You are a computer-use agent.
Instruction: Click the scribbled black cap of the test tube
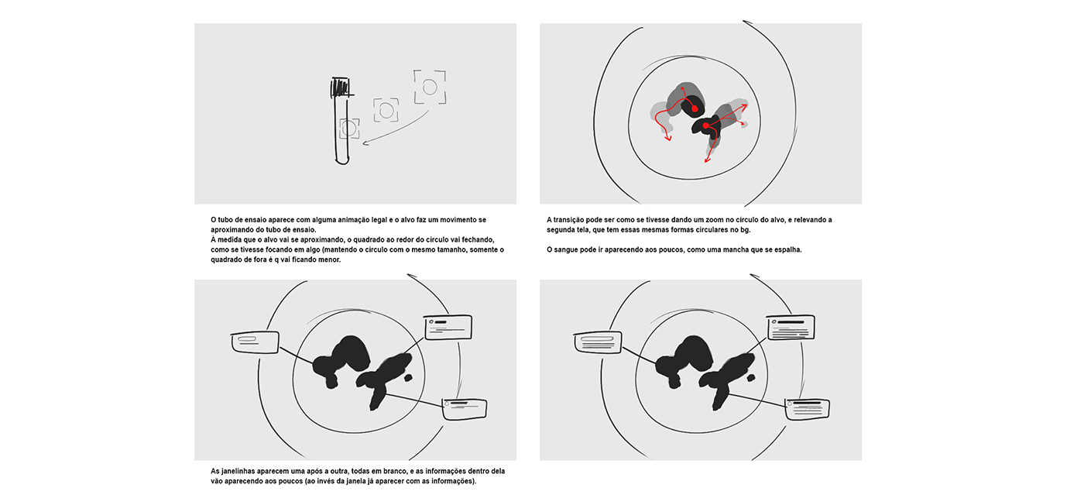pos(340,88)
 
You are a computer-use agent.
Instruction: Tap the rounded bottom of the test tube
pos(342,161)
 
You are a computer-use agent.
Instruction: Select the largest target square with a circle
pos(430,87)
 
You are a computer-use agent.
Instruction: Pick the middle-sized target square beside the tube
pos(386,110)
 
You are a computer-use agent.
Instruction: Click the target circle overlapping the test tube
pos(349,129)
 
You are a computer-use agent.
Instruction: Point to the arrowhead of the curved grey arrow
pos(365,143)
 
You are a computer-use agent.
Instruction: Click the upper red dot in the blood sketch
pos(695,109)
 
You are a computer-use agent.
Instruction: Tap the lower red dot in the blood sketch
pos(706,125)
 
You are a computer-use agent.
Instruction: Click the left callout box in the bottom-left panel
pos(255,342)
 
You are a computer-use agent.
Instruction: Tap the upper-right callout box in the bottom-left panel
pos(448,327)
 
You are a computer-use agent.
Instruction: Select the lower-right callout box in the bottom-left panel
pos(465,409)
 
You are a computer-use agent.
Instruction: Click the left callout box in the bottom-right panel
pos(598,342)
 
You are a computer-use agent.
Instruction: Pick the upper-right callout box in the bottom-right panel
pos(791,327)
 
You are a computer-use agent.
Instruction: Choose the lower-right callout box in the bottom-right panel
pos(807,409)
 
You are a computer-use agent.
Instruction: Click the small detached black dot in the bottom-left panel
pos(409,377)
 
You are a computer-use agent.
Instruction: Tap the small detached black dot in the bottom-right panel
pos(751,377)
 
